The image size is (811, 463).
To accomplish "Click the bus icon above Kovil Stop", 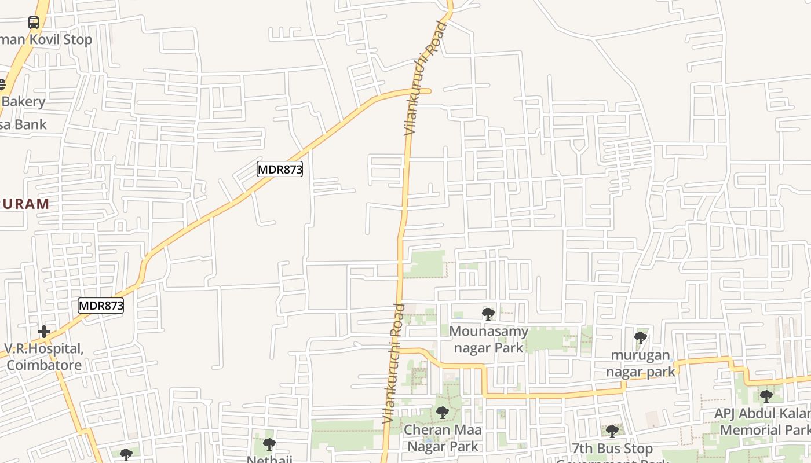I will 34,23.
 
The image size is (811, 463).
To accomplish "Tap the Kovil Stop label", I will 46,40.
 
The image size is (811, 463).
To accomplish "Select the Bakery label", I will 23,102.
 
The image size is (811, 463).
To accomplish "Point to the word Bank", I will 30,124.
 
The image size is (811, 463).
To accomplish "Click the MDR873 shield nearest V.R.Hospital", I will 101,306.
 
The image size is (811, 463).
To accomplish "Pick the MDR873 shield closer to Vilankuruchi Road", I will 280,169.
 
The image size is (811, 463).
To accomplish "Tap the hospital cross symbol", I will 44,332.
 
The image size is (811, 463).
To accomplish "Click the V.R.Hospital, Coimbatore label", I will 44,357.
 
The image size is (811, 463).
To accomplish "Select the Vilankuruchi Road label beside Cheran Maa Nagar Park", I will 392,363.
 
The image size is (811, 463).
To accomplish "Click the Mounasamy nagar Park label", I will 489,339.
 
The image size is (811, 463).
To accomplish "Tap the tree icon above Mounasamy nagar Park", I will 488,314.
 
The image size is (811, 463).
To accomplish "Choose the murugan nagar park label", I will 640,363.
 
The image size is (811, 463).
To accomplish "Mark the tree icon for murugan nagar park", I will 641,337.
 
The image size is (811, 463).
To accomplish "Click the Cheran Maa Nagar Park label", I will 443,438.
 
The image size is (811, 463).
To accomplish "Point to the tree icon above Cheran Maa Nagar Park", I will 443,413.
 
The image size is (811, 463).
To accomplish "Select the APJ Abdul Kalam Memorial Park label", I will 762,422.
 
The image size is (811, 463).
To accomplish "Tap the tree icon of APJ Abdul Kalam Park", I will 766,396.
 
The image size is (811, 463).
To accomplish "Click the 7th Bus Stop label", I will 612,449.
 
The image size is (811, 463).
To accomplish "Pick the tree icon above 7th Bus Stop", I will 612,431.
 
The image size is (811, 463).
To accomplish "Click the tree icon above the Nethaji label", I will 269,444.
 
